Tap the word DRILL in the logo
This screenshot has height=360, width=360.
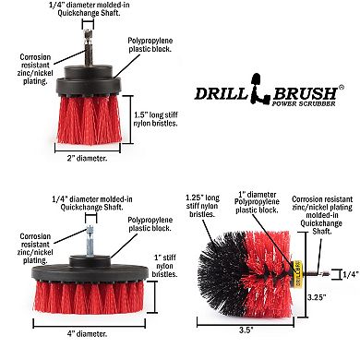coord(218,92)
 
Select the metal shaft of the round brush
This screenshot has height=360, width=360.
coord(311,272)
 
